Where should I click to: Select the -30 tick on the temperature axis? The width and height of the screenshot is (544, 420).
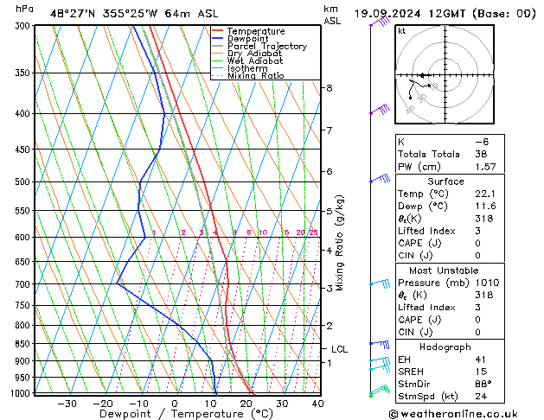67,404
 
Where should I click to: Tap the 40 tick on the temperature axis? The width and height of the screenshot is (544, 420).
317,404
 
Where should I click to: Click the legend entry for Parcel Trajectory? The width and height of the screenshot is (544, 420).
266,46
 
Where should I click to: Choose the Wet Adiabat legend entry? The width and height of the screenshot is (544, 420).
254,60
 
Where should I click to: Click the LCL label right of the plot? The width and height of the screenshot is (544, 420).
340,349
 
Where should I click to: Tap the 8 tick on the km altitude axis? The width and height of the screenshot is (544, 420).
330,88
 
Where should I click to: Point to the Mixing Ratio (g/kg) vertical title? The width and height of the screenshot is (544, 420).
341,243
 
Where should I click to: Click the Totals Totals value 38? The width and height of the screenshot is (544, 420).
481,154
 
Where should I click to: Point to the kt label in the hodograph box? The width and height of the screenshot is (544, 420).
402,30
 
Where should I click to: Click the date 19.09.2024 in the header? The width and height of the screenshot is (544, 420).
390,13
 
